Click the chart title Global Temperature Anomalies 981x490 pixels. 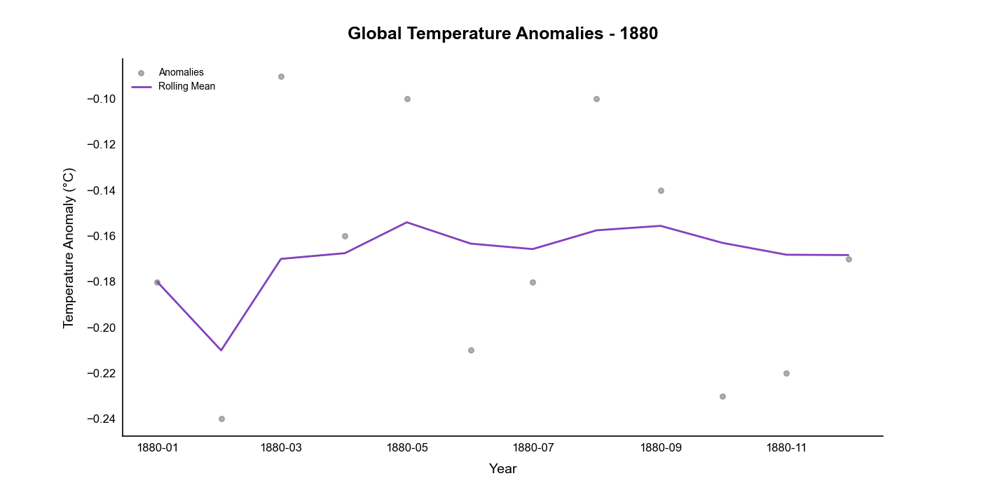(x=502, y=34)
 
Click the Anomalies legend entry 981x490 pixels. (x=181, y=72)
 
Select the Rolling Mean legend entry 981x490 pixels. (x=186, y=87)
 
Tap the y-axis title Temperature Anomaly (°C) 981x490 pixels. (x=69, y=248)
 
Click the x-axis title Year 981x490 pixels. (x=502, y=469)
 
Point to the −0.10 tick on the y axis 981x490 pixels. (x=101, y=99)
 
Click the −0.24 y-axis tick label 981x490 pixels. (x=101, y=419)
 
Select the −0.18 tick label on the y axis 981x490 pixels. (x=101, y=282)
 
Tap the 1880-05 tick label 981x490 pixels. (x=407, y=447)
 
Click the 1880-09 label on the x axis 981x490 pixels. (x=661, y=447)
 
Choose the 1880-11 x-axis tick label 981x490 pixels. (x=786, y=447)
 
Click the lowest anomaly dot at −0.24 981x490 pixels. (x=221, y=419)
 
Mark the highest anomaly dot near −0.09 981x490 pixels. (x=281, y=76)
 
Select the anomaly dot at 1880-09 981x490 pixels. (x=661, y=190)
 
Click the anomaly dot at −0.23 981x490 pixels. (x=722, y=396)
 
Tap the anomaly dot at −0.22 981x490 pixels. (x=786, y=373)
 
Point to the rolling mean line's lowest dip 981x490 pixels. (x=221, y=350)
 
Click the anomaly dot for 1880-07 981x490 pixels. (x=533, y=282)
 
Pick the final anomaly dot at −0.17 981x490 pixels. (x=849, y=259)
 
